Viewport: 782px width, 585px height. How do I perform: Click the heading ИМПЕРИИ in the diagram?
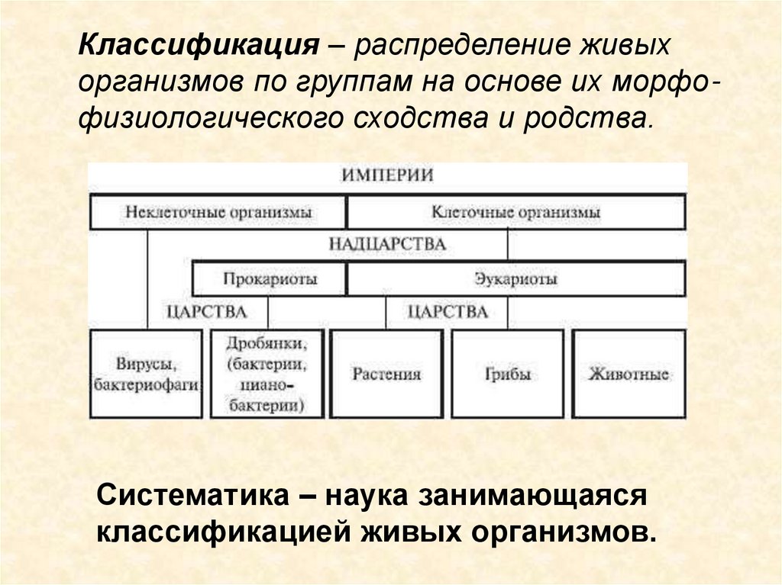tap(387, 175)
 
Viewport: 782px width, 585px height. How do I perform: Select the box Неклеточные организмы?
tap(218, 212)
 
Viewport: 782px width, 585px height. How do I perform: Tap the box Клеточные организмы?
tap(515, 212)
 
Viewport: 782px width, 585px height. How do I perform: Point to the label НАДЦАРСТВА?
tap(387, 245)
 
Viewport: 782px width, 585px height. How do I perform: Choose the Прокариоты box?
tap(270, 279)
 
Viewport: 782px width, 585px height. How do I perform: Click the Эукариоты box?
tap(515, 279)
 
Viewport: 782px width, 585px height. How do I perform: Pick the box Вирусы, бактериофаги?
tap(147, 374)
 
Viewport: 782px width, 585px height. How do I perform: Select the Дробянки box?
tap(267, 374)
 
